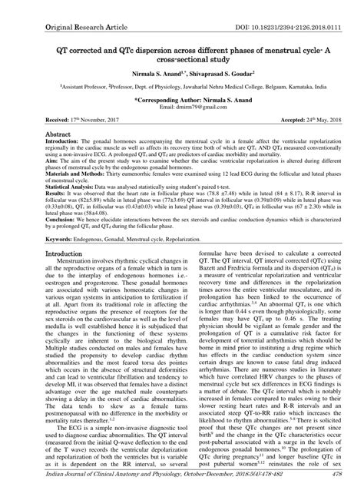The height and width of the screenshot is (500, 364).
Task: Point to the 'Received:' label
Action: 60,121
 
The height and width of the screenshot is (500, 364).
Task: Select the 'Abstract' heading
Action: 58,134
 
